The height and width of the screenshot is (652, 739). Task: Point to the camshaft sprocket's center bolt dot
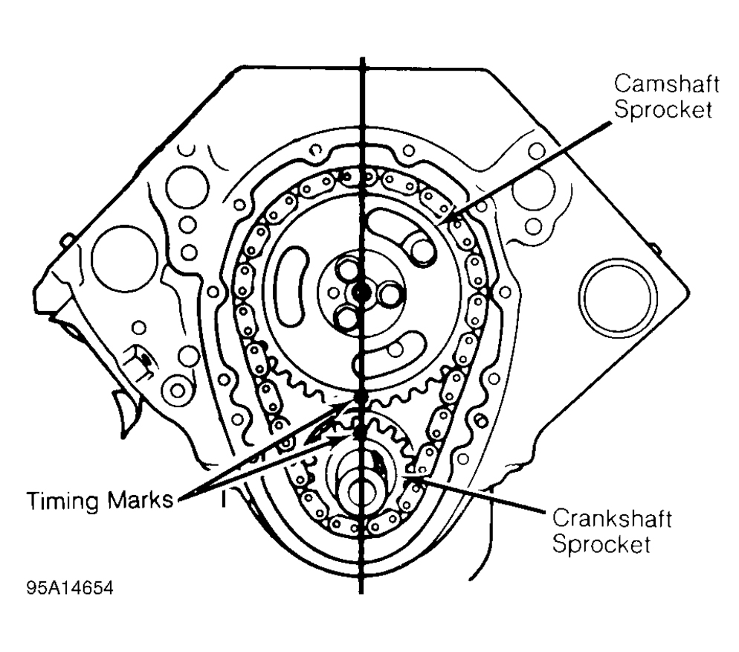click(x=360, y=293)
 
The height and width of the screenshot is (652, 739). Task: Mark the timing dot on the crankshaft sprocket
click(x=360, y=430)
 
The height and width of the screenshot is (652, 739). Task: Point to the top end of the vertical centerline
click(x=361, y=60)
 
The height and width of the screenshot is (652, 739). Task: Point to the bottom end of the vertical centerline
click(x=361, y=592)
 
